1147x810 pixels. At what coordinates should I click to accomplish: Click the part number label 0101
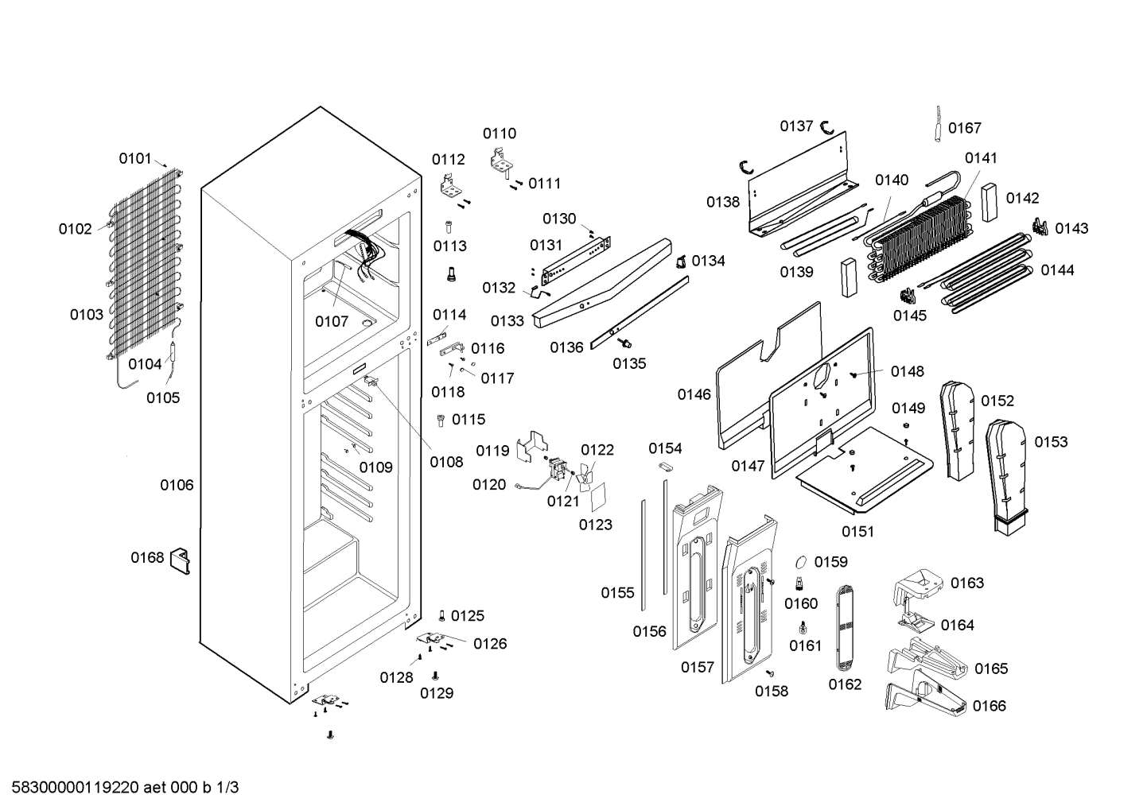pos(135,159)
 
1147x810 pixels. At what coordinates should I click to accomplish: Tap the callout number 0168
pos(147,557)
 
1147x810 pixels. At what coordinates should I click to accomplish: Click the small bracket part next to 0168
pos(180,560)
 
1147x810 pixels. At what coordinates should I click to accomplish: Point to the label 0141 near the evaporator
pos(981,158)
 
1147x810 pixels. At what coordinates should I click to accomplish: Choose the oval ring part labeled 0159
pos(801,562)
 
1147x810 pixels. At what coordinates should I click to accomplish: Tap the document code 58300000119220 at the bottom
pos(76,788)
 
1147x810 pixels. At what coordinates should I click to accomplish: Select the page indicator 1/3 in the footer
pos(227,788)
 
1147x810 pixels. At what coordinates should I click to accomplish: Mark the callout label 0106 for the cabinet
pos(177,485)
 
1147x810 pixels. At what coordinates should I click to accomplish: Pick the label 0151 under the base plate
pos(858,532)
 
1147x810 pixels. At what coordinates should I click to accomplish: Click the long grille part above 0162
pos(844,628)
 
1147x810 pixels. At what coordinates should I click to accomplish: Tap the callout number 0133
pos(507,321)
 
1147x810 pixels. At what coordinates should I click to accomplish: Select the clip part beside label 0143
pos(1040,227)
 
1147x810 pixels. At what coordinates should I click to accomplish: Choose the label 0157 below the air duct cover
pos(698,667)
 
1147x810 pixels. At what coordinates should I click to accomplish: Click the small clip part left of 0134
pos(681,262)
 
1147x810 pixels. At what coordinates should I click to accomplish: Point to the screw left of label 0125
pos(442,615)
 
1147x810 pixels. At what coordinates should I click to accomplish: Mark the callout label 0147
pos(748,466)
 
